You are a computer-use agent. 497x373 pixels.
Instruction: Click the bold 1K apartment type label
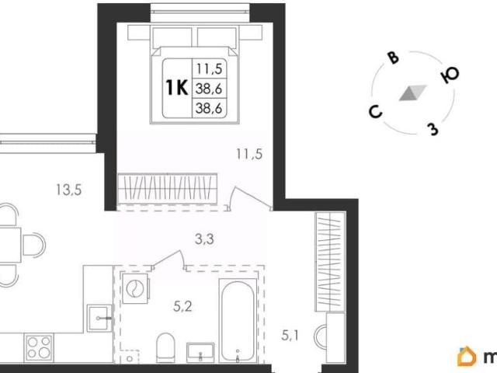pyautogui.click(x=177, y=88)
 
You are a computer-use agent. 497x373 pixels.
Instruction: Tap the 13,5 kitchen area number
pyautogui.click(x=69, y=190)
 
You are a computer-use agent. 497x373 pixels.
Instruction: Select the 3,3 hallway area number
pyautogui.click(x=204, y=239)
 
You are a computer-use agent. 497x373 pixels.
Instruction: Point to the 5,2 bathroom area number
pyautogui.click(x=183, y=307)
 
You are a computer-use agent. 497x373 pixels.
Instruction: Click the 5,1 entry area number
pyautogui.click(x=290, y=335)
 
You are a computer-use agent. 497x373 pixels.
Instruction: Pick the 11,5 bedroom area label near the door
pyautogui.click(x=249, y=154)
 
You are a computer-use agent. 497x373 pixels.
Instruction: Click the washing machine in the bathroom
pyautogui.click(x=135, y=288)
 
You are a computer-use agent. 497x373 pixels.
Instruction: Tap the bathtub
pyautogui.click(x=238, y=321)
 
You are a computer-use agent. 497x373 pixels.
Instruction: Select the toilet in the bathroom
pyautogui.click(x=165, y=347)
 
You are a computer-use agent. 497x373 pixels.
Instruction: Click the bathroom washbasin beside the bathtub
pyautogui.click(x=200, y=353)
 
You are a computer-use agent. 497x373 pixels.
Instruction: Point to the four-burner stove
pyautogui.click(x=39, y=347)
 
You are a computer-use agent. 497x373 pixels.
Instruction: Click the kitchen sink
pyautogui.click(x=99, y=318)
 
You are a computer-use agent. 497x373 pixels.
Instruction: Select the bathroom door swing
pyautogui.click(x=169, y=260)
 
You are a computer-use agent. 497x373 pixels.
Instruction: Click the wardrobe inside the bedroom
pyautogui.click(x=168, y=189)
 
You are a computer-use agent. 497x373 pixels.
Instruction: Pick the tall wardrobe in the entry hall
pyautogui.click(x=330, y=262)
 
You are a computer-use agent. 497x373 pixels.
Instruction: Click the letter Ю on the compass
pyautogui.click(x=450, y=75)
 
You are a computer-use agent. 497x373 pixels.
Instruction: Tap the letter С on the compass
pyautogui.click(x=376, y=112)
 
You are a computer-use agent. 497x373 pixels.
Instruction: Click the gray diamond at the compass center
pyautogui.click(x=412, y=93)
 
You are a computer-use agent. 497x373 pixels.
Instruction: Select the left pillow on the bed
pyautogui.click(x=172, y=37)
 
